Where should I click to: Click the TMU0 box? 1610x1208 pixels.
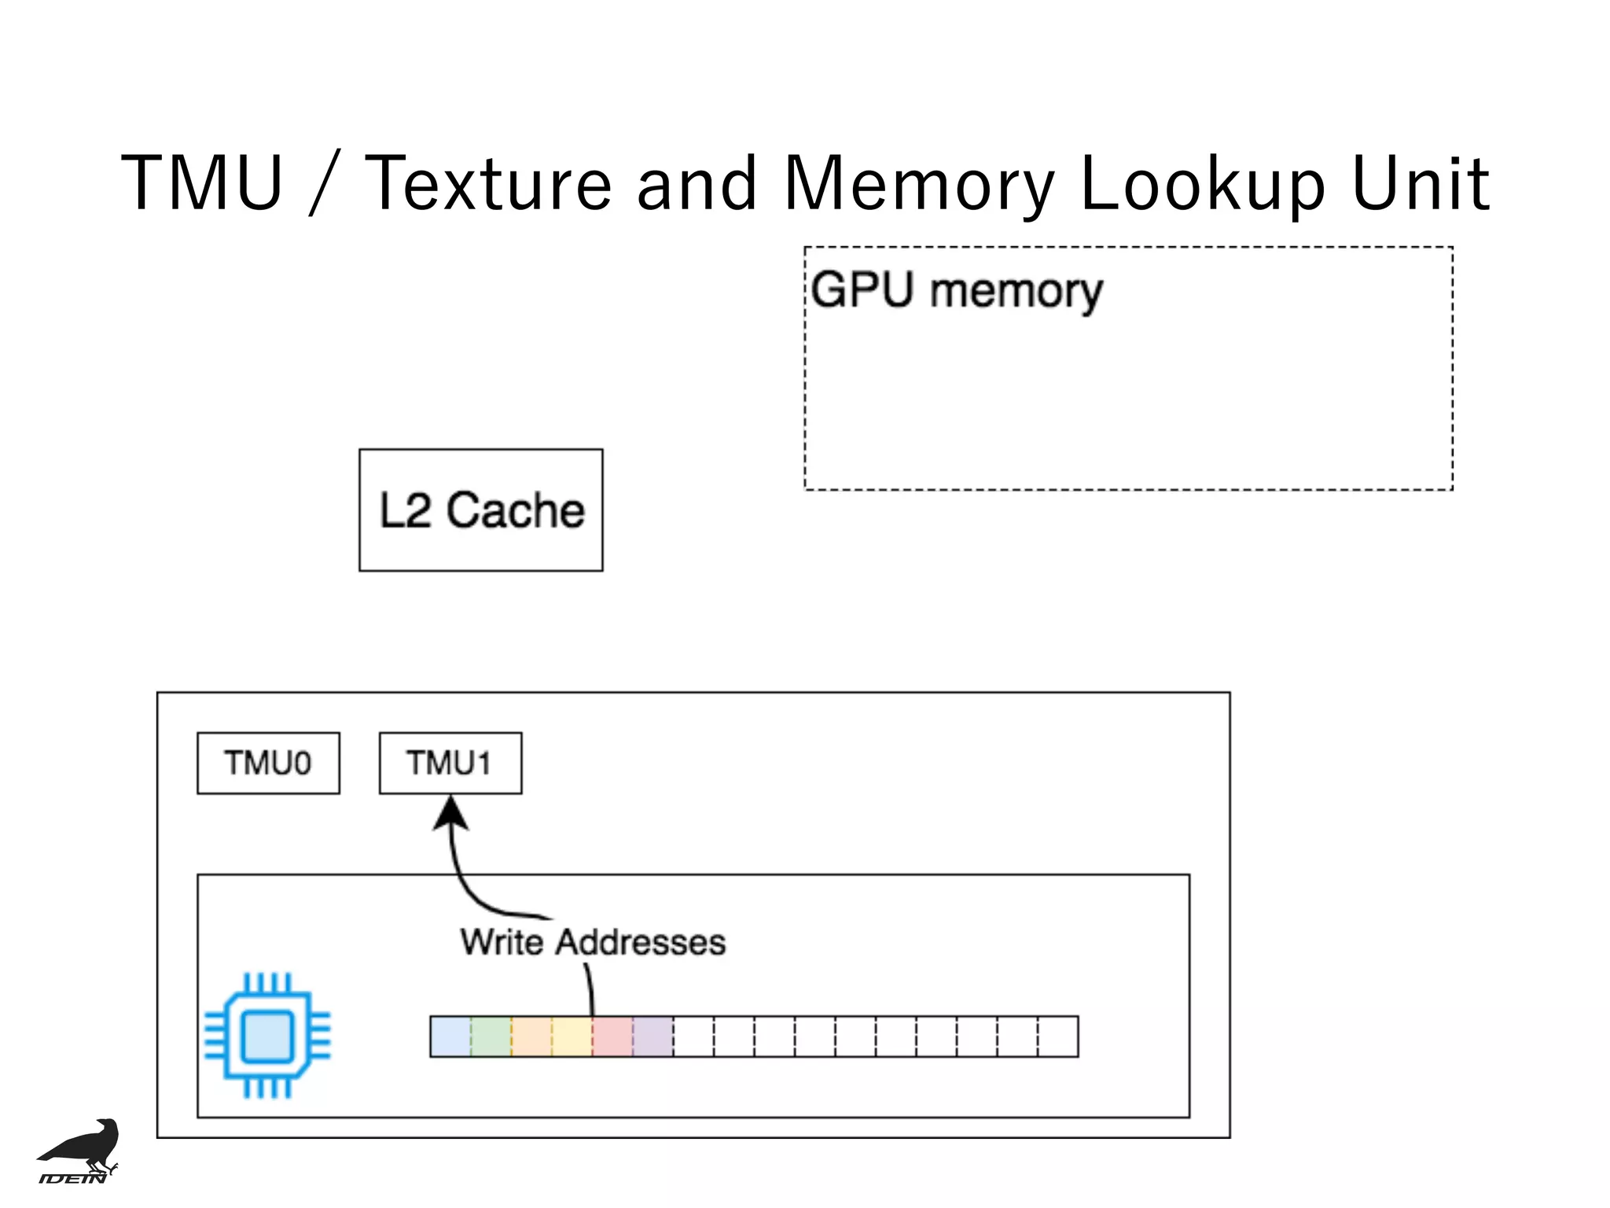[268, 763]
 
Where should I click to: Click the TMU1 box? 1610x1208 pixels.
[450, 763]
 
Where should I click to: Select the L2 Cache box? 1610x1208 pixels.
[480, 510]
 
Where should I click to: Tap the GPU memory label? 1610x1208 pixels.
[956, 291]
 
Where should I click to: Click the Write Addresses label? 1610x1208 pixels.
[593, 942]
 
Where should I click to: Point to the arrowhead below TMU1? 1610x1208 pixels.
[451, 814]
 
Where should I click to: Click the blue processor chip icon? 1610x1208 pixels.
[267, 1036]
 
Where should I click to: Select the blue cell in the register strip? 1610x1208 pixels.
[450, 1037]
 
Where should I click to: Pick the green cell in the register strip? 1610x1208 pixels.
[491, 1037]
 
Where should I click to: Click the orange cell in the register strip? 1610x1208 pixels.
[531, 1037]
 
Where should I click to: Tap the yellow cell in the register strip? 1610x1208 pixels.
[572, 1037]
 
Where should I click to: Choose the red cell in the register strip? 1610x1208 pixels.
[612, 1037]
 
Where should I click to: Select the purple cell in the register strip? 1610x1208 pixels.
[653, 1037]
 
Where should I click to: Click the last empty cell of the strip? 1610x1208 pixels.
[1058, 1037]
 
